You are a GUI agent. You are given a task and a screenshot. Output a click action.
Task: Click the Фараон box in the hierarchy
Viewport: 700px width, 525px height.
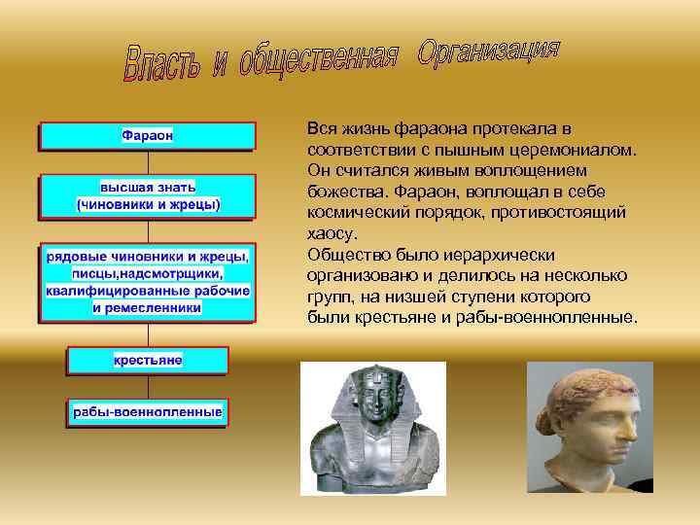pos(148,135)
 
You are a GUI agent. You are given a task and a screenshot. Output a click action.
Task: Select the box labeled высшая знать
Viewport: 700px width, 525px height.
pos(148,195)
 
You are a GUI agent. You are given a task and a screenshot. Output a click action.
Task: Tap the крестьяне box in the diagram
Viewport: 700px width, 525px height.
pos(148,360)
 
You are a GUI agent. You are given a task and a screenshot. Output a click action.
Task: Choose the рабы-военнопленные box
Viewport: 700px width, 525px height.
pos(148,412)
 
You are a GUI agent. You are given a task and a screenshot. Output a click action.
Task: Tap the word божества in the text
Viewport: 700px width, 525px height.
pos(341,192)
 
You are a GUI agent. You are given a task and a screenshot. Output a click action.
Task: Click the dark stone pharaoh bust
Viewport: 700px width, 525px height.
pos(372,428)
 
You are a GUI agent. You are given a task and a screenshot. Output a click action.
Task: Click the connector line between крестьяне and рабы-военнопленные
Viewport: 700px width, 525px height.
pos(148,386)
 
